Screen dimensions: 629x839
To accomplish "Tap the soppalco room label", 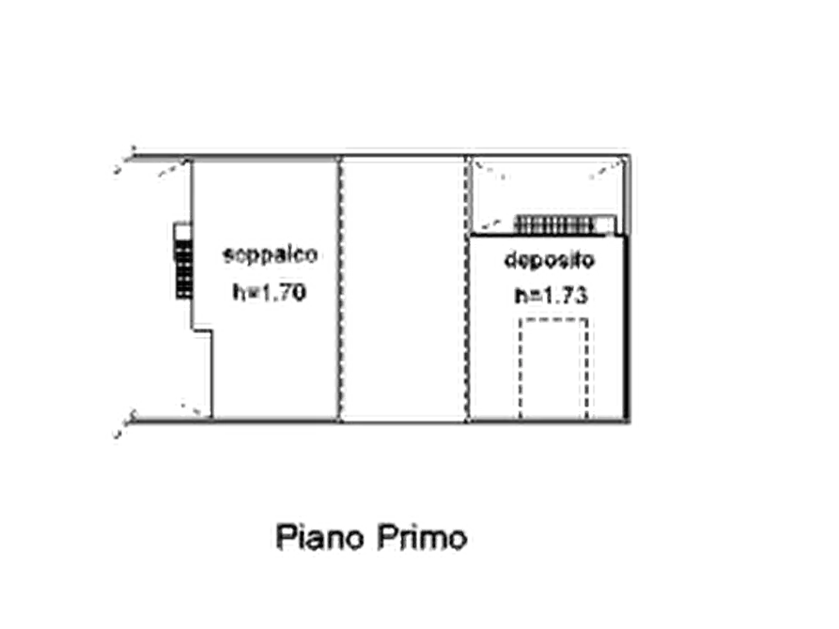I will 273,255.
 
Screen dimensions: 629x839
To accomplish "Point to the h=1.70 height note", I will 268,290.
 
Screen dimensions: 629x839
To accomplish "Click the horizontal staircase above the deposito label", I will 554,223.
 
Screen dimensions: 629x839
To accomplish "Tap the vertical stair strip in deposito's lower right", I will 588,366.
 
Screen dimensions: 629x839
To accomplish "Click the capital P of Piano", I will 283,540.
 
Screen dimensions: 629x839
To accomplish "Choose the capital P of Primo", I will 387,540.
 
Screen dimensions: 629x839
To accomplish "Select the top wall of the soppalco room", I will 263,161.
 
